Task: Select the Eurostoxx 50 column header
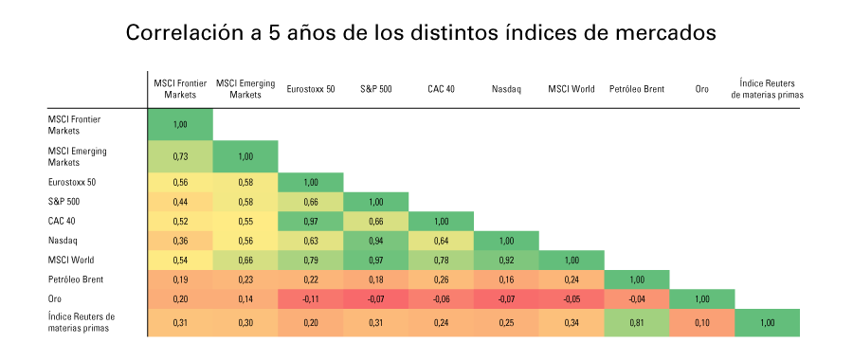pos(310,89)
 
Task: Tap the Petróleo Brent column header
pos(637,89)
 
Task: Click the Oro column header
pos(702,89)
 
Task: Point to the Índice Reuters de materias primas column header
pos(767,89)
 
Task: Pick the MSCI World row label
pos(72,260)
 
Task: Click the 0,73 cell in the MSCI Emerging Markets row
pos(179,155)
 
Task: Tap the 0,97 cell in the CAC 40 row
pos(310,221)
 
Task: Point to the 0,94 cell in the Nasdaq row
pos(375,241)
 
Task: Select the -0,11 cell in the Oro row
pos(310,298)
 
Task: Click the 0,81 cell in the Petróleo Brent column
pos(637,323)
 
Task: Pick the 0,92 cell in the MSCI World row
pos(506,260)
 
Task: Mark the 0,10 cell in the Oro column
pos(702,323)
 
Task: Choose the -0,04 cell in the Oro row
pos(637,298)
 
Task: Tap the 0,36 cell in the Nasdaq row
pos(179,241)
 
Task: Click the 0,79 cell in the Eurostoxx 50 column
pos(310,260)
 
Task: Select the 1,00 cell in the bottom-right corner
pos(767,323)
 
